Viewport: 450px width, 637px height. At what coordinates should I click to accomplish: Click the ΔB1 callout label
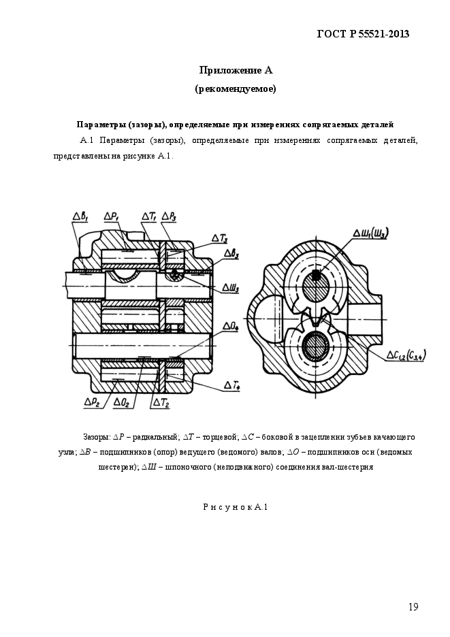81,216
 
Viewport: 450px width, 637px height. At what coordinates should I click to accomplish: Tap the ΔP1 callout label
112,216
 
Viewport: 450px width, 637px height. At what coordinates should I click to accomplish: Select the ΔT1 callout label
149,216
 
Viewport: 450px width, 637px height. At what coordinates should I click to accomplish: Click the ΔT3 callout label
219,237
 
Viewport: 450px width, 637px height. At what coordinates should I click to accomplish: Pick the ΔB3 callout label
232,254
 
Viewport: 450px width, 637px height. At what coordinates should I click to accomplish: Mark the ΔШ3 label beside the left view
230,288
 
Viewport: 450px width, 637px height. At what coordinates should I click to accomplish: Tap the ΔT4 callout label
231,386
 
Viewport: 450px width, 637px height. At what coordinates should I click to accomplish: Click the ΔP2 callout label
93,402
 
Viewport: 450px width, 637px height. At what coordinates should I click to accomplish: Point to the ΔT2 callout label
161,402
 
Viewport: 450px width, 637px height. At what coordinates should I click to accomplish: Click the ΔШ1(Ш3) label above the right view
370,233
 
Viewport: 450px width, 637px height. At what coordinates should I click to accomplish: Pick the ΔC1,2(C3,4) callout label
406,355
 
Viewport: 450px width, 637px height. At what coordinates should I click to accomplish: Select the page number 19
413,607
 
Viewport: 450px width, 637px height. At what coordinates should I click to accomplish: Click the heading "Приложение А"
236,70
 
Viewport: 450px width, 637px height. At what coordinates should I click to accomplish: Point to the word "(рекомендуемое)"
236,88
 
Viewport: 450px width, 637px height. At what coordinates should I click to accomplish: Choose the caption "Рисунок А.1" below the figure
236,506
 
